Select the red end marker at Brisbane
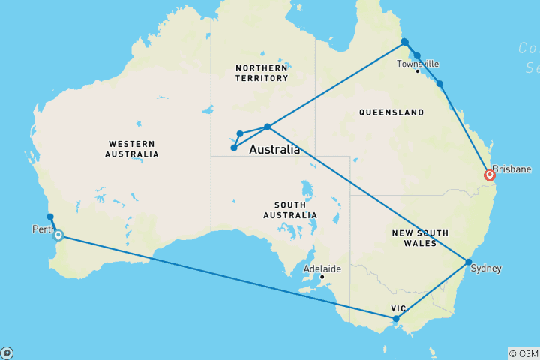(490, 175)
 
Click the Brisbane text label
(512, 169)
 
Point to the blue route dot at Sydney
(469, 262)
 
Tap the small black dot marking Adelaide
(322, 277)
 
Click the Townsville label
(418, 64)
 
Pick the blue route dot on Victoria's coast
(396, 319)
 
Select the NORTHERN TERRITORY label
(262, 73)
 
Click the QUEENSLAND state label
(392, 112)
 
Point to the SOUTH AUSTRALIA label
(295, 210)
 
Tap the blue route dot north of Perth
(50, 217)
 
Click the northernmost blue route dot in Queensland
(404, 42)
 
